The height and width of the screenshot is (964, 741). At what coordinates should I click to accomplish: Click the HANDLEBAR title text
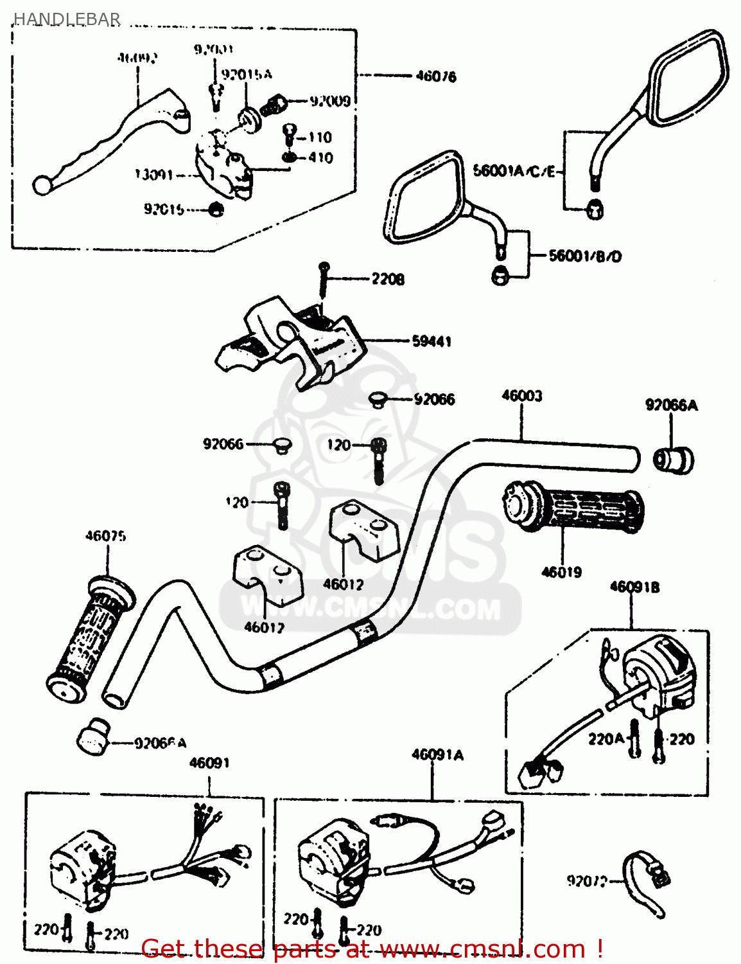[x=67, y=19]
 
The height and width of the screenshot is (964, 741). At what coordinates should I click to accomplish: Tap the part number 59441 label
[x=432, y=341]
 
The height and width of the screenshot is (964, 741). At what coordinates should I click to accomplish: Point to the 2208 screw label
[x=388, y=279]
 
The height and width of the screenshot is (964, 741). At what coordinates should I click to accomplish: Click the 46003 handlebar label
[x=521, y=396]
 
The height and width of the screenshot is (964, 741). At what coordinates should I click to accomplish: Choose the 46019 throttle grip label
[x=561, y=572]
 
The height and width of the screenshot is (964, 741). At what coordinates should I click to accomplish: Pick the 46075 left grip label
[x=106, y=536]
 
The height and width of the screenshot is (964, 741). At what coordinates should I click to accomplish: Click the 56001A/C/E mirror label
[x=514, y=171]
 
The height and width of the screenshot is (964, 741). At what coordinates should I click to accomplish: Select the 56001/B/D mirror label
[x=585, y=256]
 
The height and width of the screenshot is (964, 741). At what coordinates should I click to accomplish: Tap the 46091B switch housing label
[x=634, y=587]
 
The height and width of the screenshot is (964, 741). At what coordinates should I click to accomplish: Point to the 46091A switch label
[x=437, y=754]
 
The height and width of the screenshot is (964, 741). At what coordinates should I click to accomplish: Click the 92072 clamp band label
[x=586, y=881]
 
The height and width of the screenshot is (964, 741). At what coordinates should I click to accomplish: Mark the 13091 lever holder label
[x=153, y=175]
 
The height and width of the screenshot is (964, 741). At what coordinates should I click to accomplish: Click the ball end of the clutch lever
[x=42, y=186]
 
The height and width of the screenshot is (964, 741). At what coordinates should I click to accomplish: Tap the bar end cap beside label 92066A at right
[x=674, y=460]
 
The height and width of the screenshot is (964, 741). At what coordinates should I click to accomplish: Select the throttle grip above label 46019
[x=573, y=508]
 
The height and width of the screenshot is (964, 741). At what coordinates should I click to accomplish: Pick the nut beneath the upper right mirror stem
[x=595, y=209]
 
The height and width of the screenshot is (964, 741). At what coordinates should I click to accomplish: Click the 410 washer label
[x=320, y=157]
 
